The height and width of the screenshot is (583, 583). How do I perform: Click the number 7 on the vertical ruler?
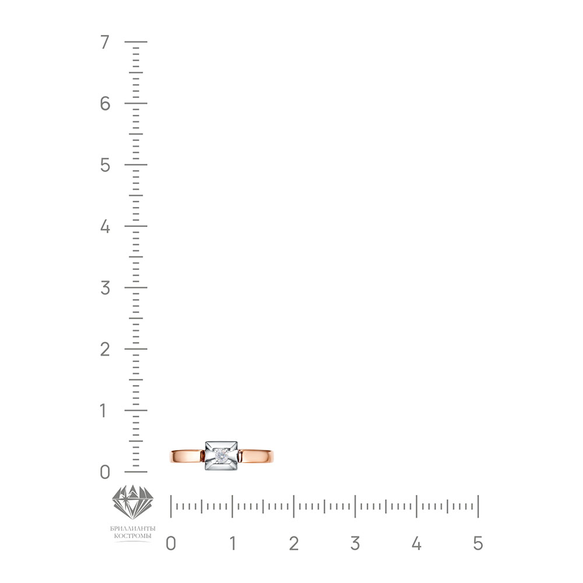[105, 42]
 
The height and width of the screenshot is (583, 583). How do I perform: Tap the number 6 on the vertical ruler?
[105, 103]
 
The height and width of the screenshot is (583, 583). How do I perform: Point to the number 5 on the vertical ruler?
[105, 165]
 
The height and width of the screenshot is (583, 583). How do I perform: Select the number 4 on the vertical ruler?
[105, 226]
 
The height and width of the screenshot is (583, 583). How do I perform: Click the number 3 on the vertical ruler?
[105, 288]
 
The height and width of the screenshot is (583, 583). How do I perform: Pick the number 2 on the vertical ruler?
[105, 349]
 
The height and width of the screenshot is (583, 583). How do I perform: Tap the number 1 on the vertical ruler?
[103, 411]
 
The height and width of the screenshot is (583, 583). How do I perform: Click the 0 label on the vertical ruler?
[105, 472]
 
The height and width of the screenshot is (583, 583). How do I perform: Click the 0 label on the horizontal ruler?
[171, 543]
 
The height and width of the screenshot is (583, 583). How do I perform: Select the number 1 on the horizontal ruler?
[233, 543]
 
